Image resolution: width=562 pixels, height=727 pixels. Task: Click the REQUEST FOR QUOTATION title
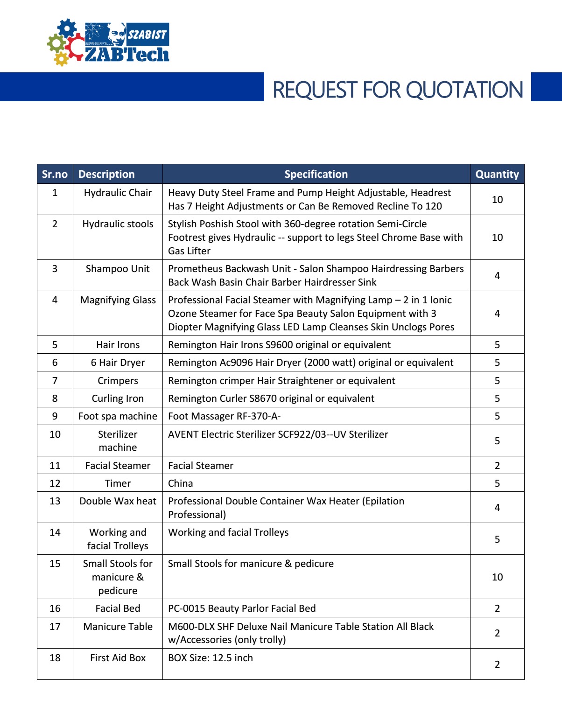(x=397, y=90)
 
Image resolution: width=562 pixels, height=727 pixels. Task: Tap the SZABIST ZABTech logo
(x=108, y=42)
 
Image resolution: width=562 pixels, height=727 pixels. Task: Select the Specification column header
(x=316, y=174)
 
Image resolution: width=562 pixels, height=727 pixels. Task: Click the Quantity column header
(x=497, y=174)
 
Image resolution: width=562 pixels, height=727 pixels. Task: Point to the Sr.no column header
(x=55, y=174)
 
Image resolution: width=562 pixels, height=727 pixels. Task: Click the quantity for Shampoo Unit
(x=497, y=275)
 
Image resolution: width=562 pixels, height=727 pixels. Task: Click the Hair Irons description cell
(x=118, y=345)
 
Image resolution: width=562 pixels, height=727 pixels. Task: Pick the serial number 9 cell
(x=55, y=416)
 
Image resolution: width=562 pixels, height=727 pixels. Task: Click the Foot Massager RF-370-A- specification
(x=224, y=416)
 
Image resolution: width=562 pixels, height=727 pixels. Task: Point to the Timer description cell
(x=118, y=483)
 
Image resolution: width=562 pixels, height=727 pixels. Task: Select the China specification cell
(x=181, y=483)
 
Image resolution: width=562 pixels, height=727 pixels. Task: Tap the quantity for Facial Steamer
(x=497, y=466)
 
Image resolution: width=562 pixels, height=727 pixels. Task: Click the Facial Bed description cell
(x=118, y=608)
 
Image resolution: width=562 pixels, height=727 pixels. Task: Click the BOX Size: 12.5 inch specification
(x=211, y=658)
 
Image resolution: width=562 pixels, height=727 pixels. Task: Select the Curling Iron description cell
(x=118, y=398)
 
